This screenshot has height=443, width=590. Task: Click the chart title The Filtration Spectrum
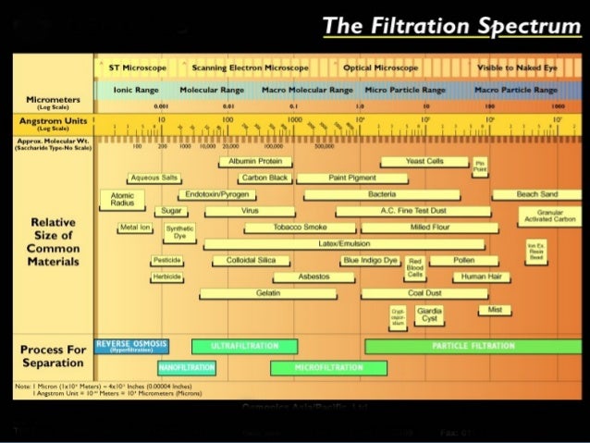[451, 26]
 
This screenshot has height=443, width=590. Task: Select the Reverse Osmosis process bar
[131, 346]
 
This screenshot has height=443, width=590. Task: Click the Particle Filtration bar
[473, 346]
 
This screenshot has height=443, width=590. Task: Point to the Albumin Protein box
[255, 161]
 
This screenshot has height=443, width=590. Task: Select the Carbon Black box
[264, 178]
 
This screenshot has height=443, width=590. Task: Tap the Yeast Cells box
[424, 161]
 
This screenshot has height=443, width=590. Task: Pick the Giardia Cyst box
[429, 314]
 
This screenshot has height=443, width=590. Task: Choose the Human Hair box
[486, 277]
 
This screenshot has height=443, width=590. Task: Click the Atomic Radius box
[121, 201]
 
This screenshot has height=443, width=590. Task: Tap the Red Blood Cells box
[415, 268]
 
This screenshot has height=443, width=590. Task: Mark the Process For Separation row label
[52, 356]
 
